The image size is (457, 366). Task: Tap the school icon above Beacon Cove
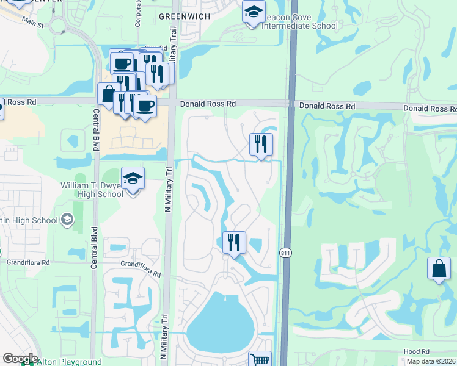(x=254, y=12)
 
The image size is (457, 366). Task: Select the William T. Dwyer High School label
(x=92, y=190)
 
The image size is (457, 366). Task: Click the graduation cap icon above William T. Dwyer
(x=133, y=179)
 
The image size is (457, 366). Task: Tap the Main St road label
(x=34, y=24)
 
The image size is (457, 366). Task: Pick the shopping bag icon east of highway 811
(x=439, y=268)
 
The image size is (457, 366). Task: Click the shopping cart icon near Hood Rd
(x=260, y=360)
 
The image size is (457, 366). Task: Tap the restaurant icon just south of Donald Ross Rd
(x=261, y=145)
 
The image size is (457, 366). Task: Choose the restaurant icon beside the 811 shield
(x=233, y=243)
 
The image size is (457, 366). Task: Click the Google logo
(x=20, y=359)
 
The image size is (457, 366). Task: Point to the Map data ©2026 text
(x=431, y=361)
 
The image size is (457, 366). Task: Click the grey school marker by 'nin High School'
(x=67, y=220)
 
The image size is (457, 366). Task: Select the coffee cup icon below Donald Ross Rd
(x=145, y=106)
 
